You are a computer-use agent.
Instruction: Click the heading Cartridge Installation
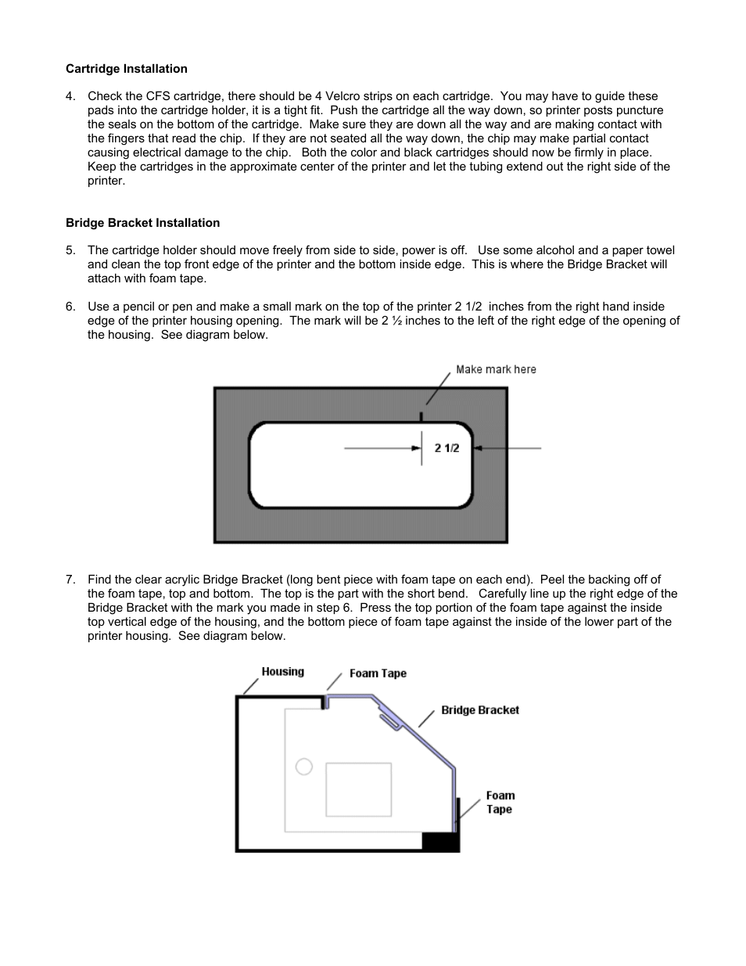[x=126, y=69]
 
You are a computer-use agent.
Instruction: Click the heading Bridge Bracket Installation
[x=142, y=223]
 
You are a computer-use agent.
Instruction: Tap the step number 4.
[x=70, y=96]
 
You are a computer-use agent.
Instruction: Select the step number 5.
[x=70, y=250]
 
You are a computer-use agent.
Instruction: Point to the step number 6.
[x=70, y=307]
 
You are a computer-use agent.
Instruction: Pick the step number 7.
[x=70, y=580]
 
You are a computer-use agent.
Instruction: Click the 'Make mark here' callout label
[x=496, y=369]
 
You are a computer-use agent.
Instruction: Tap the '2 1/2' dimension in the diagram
[x=447, y=448]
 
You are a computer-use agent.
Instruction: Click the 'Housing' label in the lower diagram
[x=282, y=672]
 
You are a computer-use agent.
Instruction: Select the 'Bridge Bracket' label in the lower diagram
[x=479, y=710]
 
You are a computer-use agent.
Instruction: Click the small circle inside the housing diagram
[x=304, y=767]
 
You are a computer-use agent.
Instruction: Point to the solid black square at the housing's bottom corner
[x=439, y=841]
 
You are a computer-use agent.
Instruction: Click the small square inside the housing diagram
[x=358, y=789]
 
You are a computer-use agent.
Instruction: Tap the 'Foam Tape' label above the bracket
[x=378, y=673]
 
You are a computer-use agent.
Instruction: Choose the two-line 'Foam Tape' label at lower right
[x=500, y=803]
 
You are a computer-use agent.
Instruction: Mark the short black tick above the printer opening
[x=421, y=417]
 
